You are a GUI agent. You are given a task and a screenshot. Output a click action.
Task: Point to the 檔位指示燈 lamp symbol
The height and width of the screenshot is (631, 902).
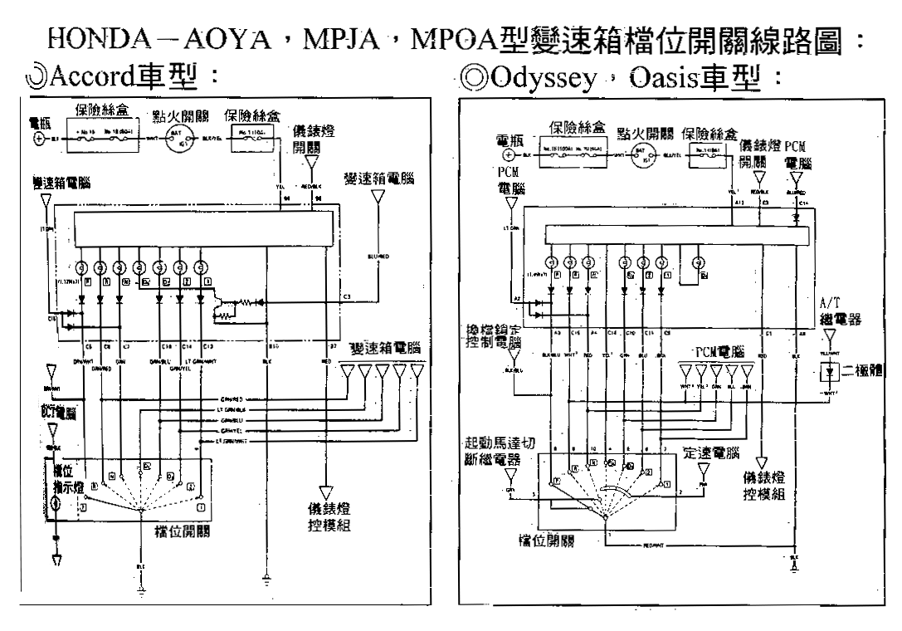[x=54, y=504]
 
